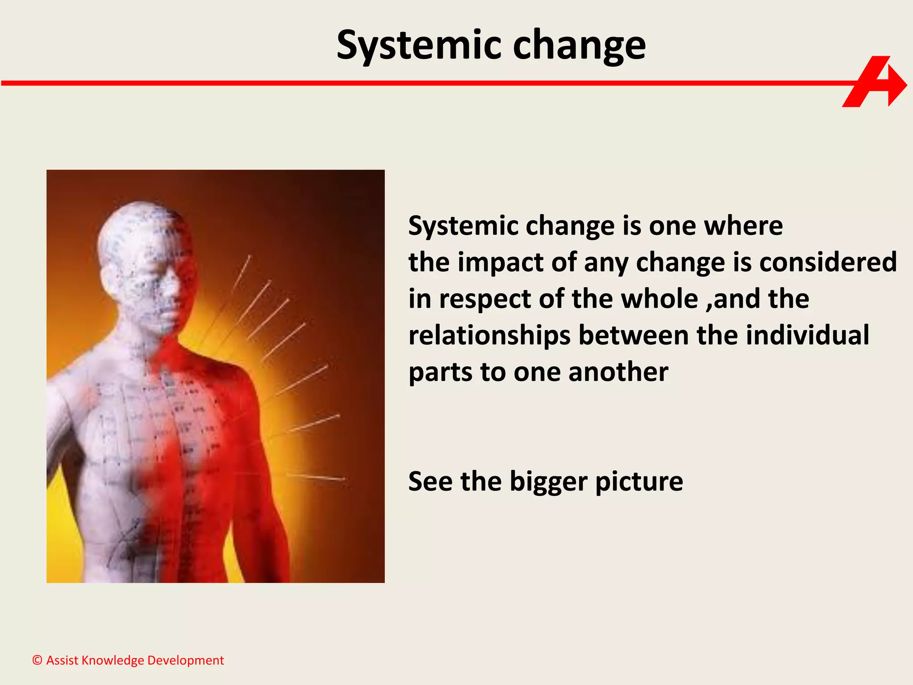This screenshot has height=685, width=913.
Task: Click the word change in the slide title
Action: [579, 45]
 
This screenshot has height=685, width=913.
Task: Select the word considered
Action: [828, 262]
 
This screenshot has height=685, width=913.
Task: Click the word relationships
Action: [489, 335]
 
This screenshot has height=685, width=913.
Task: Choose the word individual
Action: [807, 335]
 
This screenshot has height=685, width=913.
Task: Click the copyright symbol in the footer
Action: [37, 660]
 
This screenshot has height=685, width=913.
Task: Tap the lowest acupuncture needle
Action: [317, 477]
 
